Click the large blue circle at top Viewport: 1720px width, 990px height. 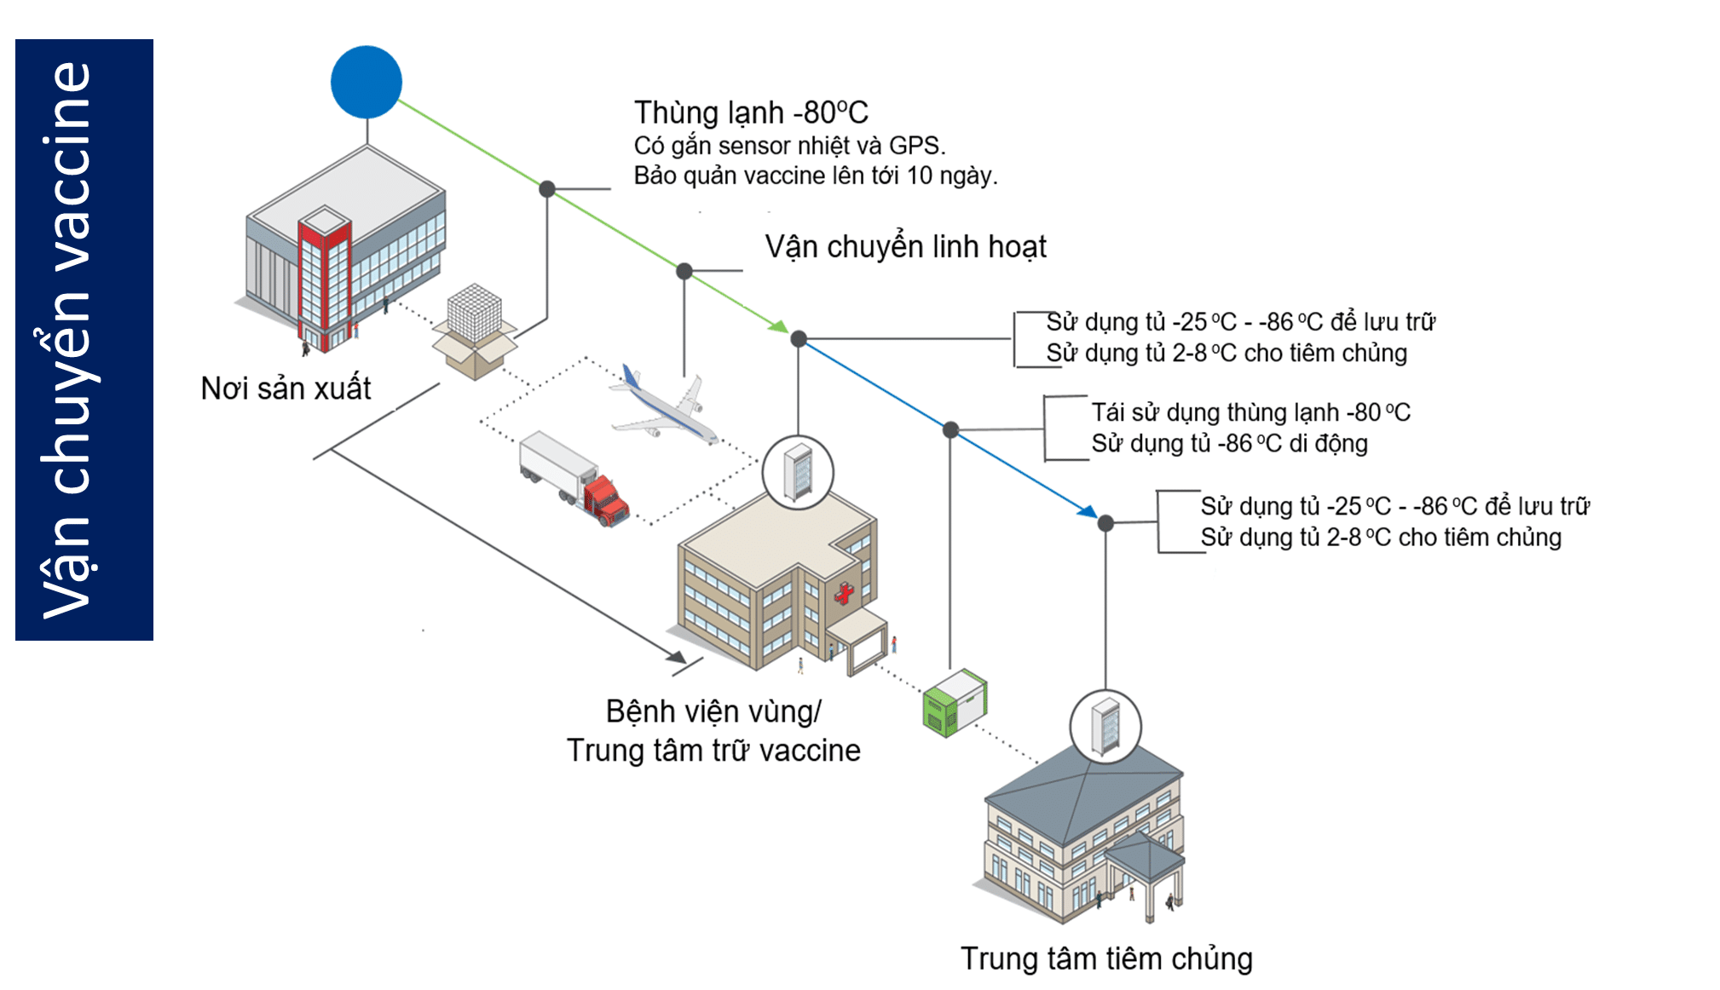click(x=367, y=82)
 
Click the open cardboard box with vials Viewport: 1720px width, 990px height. click(x=475, y=332)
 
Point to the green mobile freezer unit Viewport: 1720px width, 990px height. click(x=954, y=703)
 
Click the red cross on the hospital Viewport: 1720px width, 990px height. click(x=844, y=593)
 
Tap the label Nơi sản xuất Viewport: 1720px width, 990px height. click(x=286, y=389)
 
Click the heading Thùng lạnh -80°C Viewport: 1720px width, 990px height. click(x=750, y=112)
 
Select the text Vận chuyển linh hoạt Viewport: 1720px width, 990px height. click(x=905, y=247)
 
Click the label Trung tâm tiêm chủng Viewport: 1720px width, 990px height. click(x=1105, y=958)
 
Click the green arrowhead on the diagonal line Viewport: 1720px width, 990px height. click(x=779, y=326)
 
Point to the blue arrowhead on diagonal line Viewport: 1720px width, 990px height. click(x=1087, y=511)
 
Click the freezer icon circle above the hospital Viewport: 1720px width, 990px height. click(x=798, y=472)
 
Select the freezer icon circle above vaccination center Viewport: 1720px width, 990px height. click(x=1105, y=727)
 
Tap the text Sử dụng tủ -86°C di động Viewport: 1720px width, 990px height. click(x=1229, y=444)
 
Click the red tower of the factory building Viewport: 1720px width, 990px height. click(x=324, y=281)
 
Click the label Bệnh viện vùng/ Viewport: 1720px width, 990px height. click(x=713, y=711)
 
